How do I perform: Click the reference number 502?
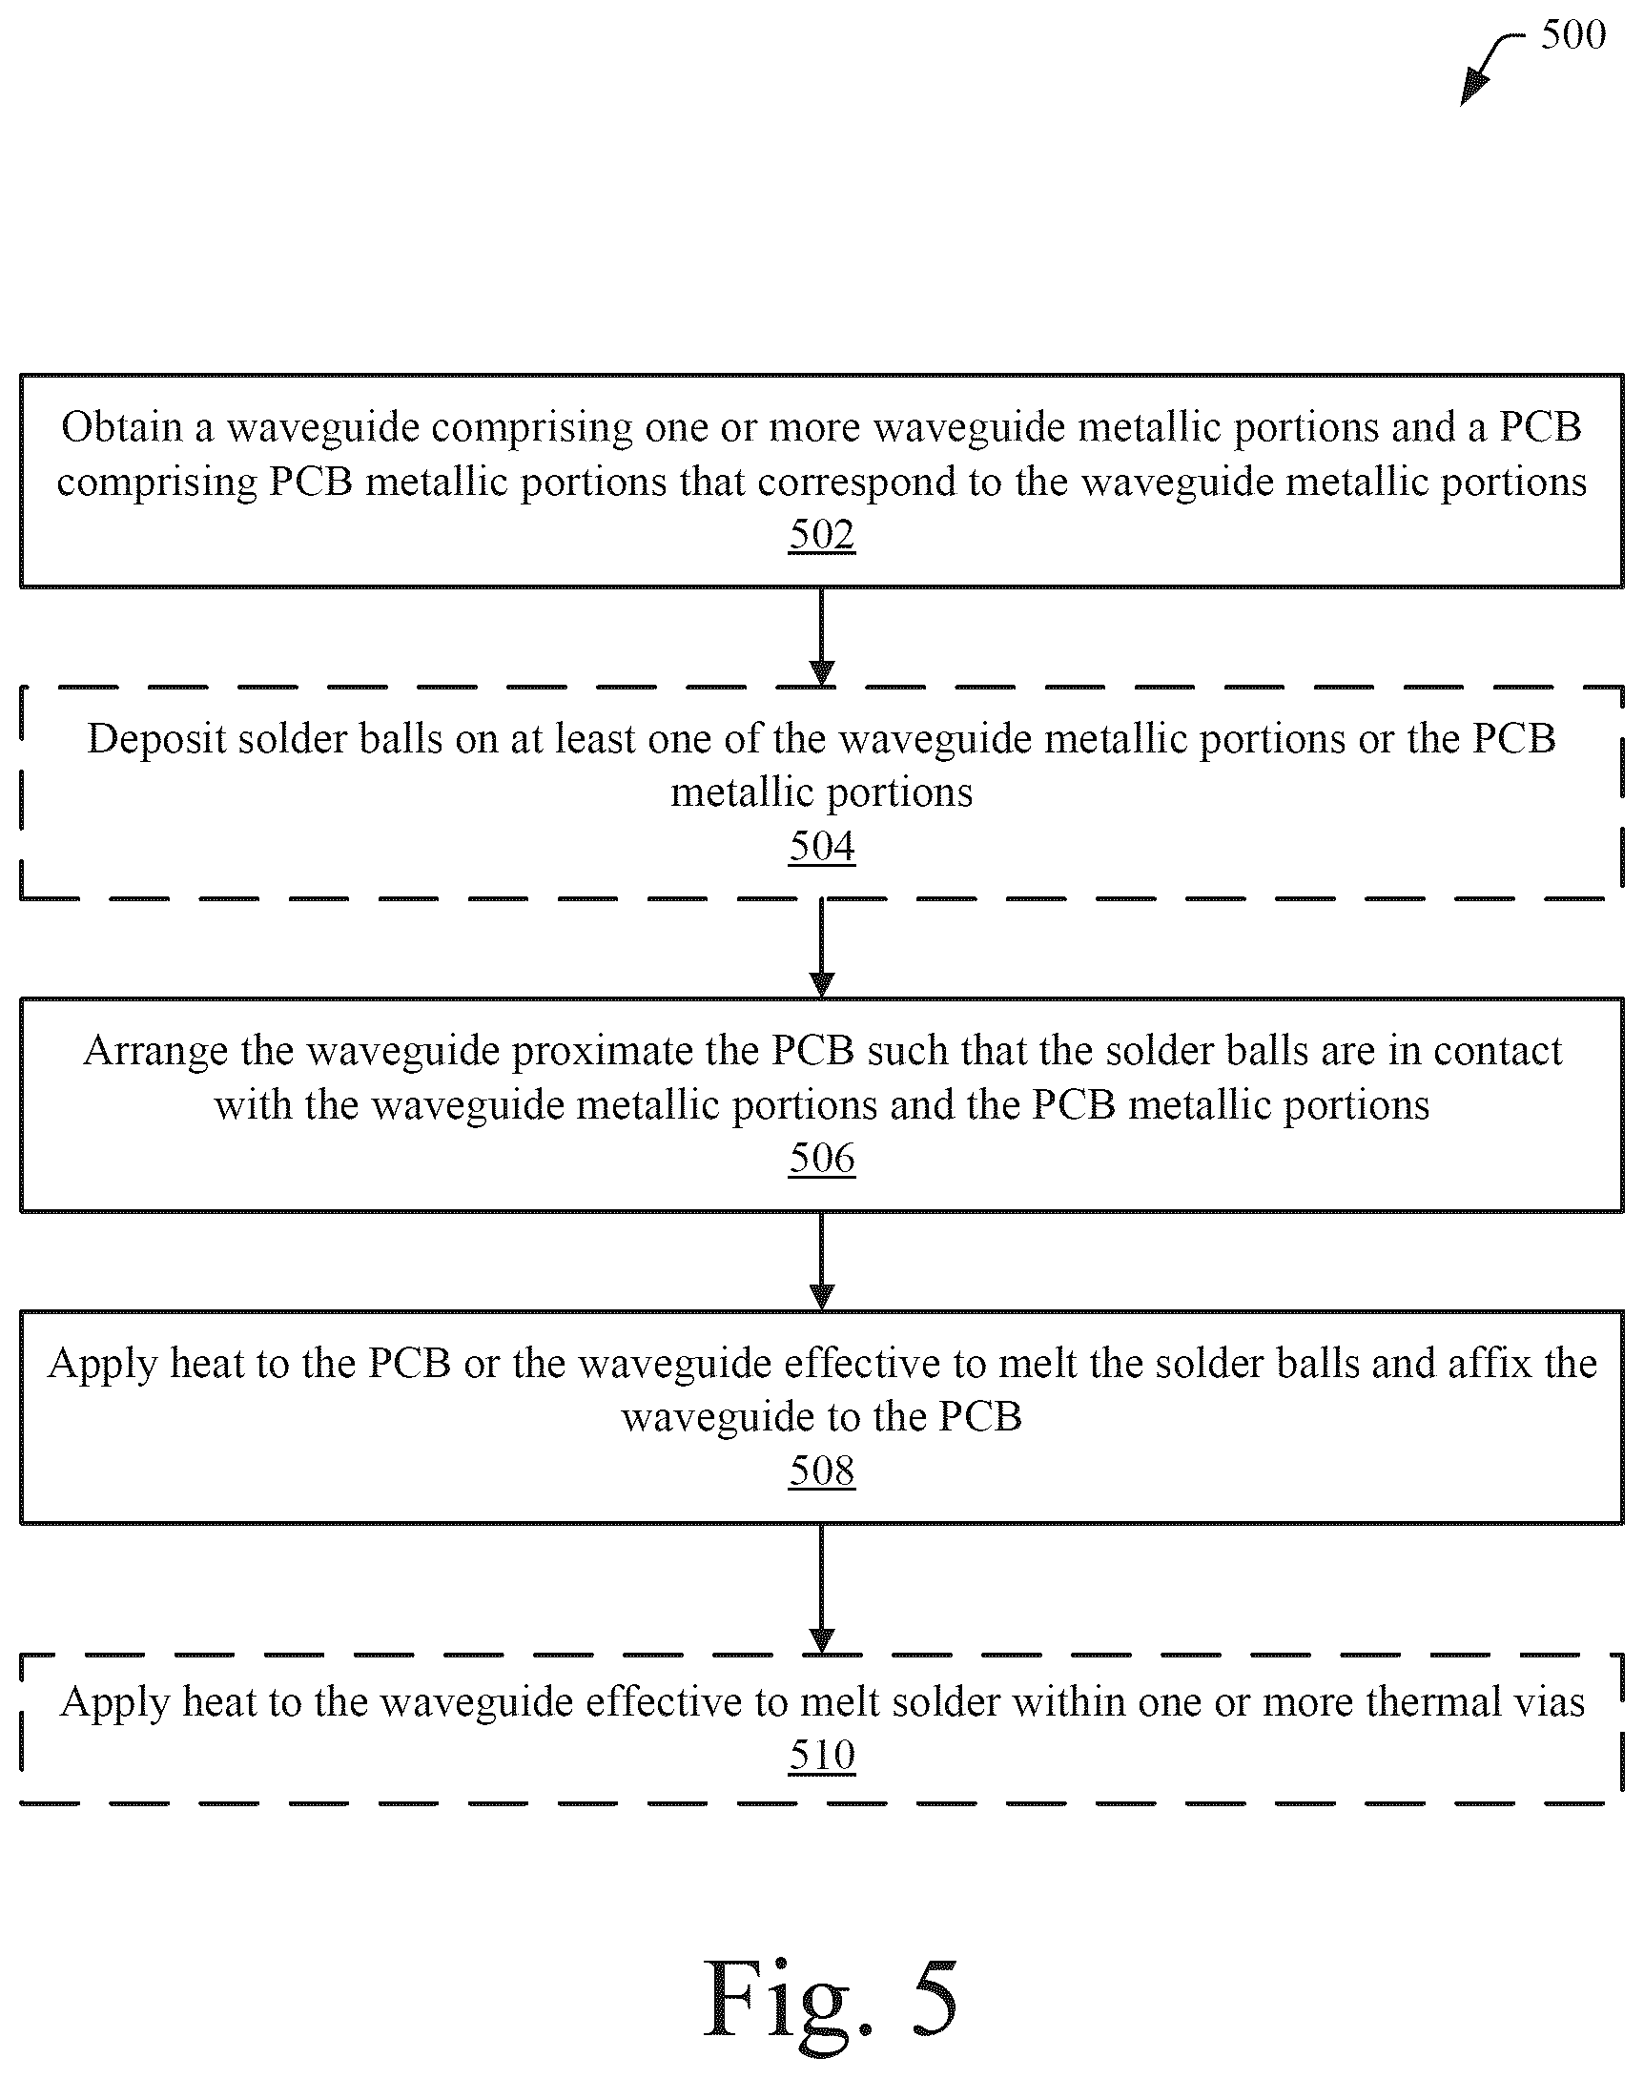(x=821, y=535)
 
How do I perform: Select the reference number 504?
(x=821, y=847)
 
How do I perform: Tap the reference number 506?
(x=821, y=1159)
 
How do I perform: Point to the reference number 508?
(x=821, y=1471)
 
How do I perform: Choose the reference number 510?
(x=821, y=1756)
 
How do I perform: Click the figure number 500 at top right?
(x=1572, y=34)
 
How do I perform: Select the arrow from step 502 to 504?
(x=821, y=636)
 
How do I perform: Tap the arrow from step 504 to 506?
(x=821, y=948)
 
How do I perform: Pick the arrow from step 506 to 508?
(x=821, y=1260)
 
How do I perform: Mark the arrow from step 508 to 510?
(x=821, y=1588)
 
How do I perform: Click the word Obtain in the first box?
(x=122, y=427)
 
